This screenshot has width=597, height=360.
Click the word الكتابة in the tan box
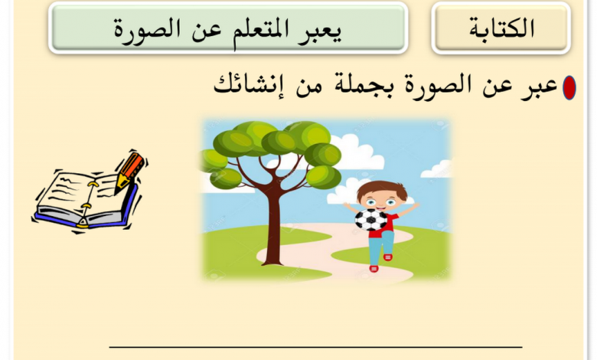[x=502, y=28]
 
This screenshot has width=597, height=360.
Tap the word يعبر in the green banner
[x=321, y=31]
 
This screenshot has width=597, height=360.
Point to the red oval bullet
[x=569, y=87]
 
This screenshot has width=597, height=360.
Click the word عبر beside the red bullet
[x=539, y=87]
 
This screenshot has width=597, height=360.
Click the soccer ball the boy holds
[x=371, y=220]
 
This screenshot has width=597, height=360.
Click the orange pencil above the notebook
[x=129, y=172]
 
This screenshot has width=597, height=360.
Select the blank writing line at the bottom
[x=315, y=347]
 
